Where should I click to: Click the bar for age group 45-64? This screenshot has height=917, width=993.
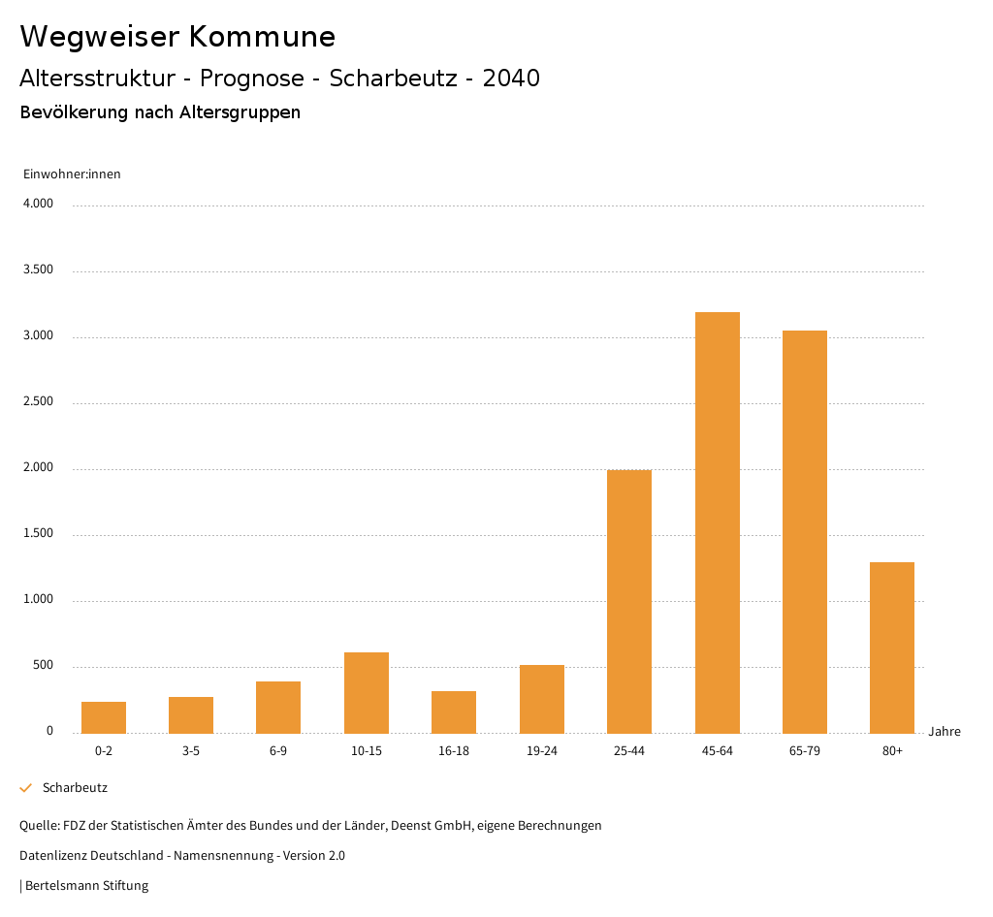pos(717,522)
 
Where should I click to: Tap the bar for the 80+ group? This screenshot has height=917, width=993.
pos(891,648)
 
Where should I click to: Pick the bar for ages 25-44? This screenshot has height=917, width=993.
pos(629,601)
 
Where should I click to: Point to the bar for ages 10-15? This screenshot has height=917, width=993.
pos(367,692)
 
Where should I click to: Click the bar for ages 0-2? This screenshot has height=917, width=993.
pos(104,717)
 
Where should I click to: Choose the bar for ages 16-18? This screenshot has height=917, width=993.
pos(454,711)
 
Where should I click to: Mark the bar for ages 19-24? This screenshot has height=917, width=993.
pos(541,699)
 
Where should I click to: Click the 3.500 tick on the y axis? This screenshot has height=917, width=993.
pos(38,269)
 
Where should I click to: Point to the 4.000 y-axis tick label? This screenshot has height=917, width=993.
pos(38,204)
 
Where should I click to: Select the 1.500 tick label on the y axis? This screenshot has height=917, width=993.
pos(38,533)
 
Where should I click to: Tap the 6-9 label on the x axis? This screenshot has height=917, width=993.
pos(278,751)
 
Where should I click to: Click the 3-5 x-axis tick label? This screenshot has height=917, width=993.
pos(191,751)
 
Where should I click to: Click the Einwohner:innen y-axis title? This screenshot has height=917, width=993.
pos(72,174)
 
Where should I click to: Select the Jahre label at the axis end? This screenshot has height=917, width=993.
pos(944,732)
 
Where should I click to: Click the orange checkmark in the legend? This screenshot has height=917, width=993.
pos(26,788)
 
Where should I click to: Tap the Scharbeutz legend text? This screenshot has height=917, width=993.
pos(75,788)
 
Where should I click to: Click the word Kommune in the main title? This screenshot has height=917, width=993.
pos(262,37)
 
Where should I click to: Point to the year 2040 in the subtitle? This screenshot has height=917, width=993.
pos(511,79)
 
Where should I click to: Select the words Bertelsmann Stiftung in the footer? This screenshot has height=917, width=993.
pos(86,886)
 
